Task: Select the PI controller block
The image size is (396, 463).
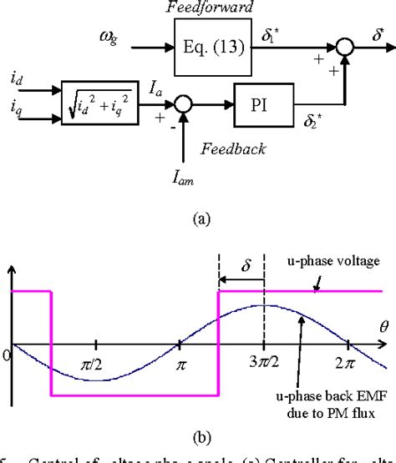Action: pyautogui.click(x=258, y=106)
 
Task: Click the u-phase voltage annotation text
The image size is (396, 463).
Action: pyautogui.click(x=345, y=262)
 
